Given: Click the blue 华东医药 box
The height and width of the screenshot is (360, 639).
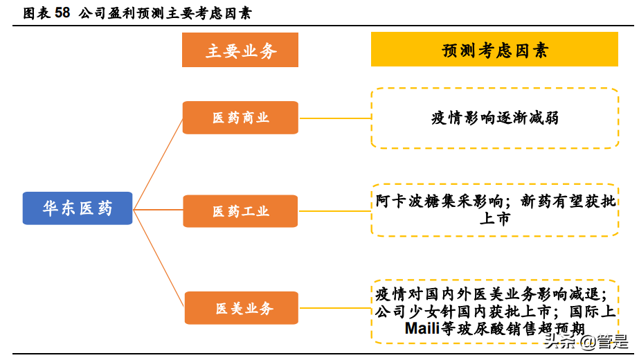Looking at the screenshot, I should click(77, 208).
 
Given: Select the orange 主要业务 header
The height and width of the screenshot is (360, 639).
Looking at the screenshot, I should click(240, 51).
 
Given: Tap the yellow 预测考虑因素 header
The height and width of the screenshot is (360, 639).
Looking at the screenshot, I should click(494, 51).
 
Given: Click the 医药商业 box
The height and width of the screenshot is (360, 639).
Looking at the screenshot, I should click(240, 118).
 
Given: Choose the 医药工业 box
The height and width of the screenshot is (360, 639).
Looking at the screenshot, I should click(240, 211).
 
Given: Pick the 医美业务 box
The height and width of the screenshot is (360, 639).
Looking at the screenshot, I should click(241, 308).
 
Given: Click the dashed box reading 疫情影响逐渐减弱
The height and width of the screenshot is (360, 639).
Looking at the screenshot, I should click(494, 118).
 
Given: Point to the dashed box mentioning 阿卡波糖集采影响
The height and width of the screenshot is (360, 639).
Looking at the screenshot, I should click(494, 210).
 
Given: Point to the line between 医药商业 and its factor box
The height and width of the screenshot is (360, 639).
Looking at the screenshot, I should click(334, 118).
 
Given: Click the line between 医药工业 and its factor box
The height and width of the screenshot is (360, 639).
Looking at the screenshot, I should click(334, 211).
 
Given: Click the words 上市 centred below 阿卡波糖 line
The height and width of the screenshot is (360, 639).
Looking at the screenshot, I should click(494, 219).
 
